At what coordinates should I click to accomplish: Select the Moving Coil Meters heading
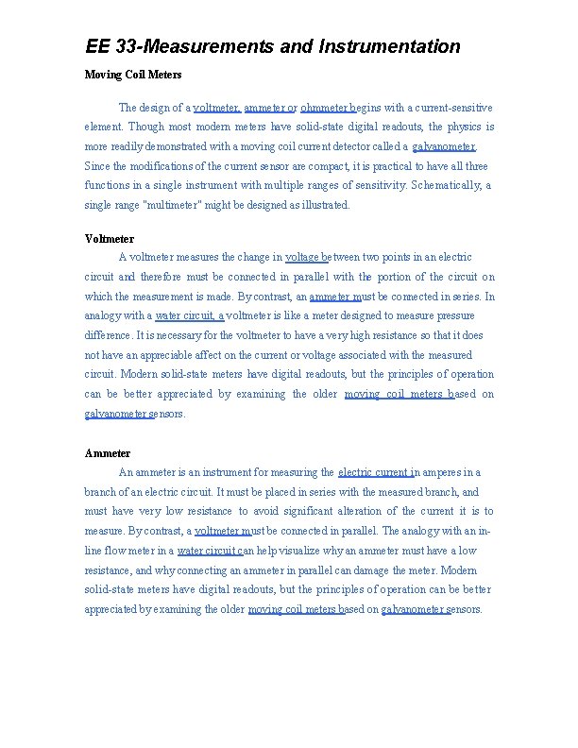133,75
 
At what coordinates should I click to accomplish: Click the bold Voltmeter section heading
110,239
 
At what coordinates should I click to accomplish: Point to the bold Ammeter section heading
108,453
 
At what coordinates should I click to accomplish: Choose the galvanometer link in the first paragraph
444,146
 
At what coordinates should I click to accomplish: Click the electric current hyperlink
373,472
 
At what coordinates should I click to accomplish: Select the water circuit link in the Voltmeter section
189,315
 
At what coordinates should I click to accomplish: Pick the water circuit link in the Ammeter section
211,551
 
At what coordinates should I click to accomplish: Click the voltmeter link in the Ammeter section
222,531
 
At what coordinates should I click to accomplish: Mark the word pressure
451,315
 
